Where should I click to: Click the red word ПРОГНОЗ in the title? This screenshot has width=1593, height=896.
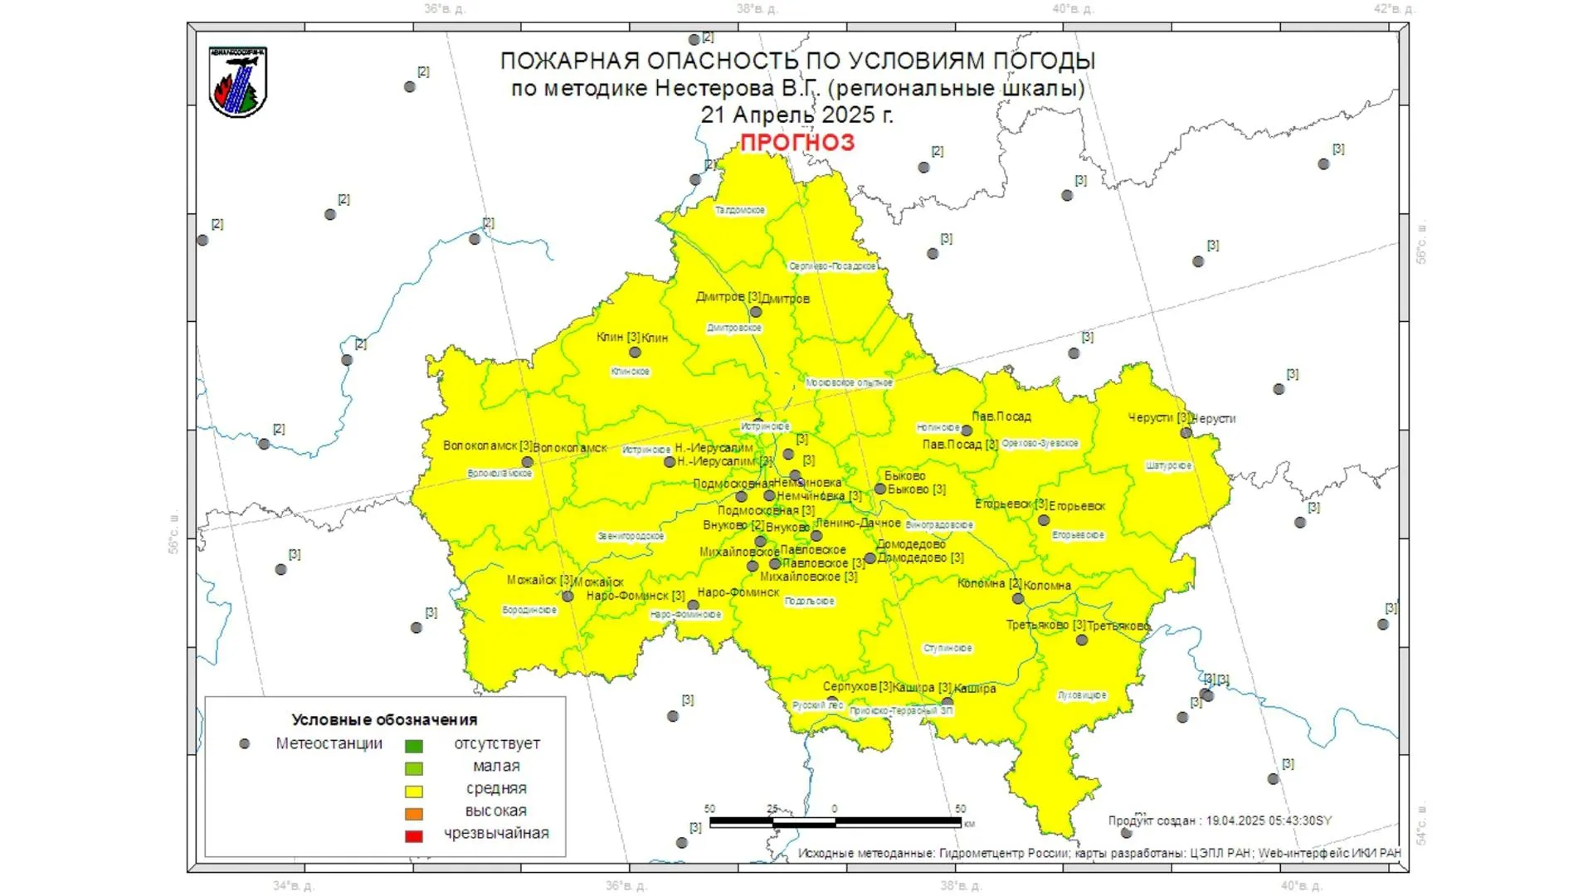click(x=796, y=143)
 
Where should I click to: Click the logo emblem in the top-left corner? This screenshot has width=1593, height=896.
click(x=238, y=81)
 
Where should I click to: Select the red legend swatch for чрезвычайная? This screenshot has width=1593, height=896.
click(x=413, y=836)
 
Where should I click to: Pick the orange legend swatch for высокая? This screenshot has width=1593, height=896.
click(x=413, y=814)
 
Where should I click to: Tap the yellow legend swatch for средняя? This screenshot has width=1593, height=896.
click(x=413, y=791)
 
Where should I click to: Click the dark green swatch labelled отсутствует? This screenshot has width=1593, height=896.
click(x=413, y=746)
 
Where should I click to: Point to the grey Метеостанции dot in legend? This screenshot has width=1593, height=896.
click(x=245, y=744)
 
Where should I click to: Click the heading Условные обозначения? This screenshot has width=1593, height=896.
click(x=384, y=720)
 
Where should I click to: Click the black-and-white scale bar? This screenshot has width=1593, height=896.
click(x=835, y=822)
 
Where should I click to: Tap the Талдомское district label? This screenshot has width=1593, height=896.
click(x=740, y=211)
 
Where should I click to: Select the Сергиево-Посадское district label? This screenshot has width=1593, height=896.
click(x=832, y=266)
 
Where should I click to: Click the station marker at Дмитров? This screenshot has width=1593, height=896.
click(x=756, y=313)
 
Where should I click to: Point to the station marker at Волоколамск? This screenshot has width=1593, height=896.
click(x=528, y=462)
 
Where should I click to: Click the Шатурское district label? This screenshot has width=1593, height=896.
click(x=1168, y=466)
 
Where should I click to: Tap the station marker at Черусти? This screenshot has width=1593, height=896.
click(x=1186, y=433)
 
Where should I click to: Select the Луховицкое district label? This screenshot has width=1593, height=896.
click(x=1082, y=695)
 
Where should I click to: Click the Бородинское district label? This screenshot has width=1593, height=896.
click(x=529, y=611)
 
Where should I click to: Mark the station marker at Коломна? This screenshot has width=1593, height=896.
click(x=1018, y=599)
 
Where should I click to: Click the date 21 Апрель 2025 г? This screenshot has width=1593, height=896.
click(x=796, y=115)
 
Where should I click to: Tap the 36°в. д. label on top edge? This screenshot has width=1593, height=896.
click(x=445, y=9)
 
